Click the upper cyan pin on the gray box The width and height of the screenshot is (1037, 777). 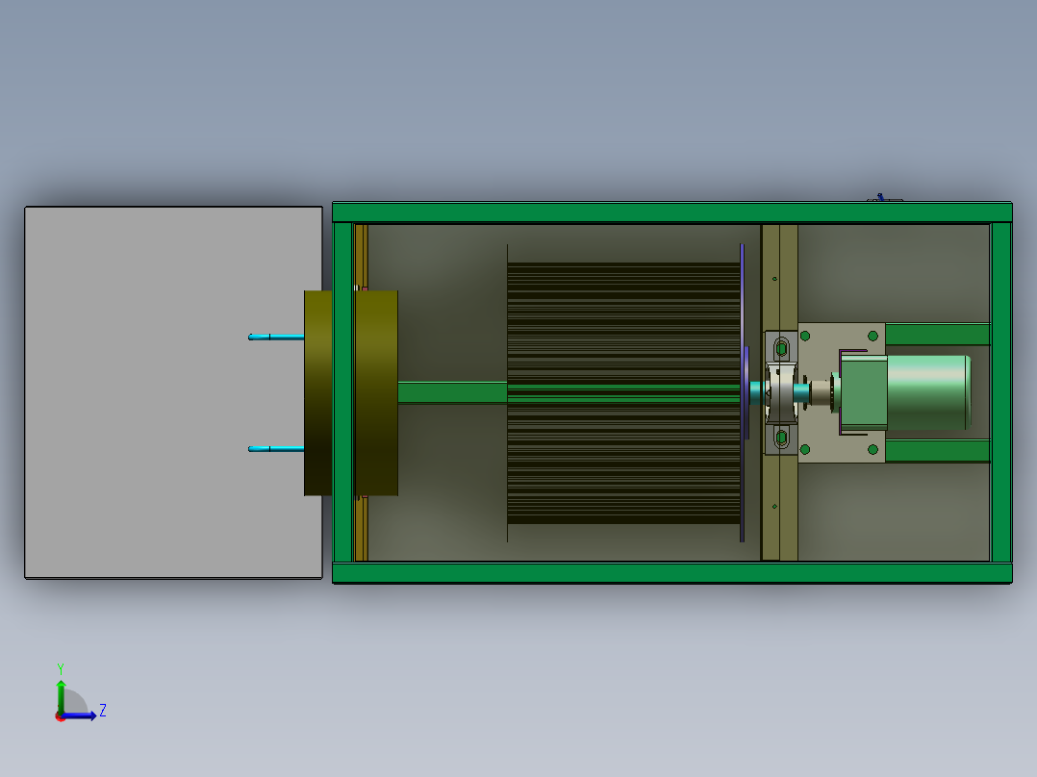coord(275,337)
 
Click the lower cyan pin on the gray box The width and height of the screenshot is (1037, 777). coord(275,448)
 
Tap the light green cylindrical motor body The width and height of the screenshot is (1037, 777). coord(925,392)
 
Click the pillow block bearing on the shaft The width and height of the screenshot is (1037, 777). coord(781,392)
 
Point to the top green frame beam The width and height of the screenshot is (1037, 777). coord(671,213)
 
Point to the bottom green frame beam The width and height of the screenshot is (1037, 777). coord(671,573)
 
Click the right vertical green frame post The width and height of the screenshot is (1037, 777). coord(1000,392)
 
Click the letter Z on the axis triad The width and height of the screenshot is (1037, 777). coord(103,711)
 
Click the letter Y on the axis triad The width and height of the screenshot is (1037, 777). coord(60,667)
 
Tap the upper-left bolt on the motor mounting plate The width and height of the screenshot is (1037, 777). coord(805,336)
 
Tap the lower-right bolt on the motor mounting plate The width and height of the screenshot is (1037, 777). coord(873,449)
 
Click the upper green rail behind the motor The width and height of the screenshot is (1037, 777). coord(937,335)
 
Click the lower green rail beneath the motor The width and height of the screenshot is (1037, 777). coord(937,451)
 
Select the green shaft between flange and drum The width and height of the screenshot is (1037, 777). coord(451,392)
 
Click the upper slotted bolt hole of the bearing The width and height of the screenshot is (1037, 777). coord(781,344)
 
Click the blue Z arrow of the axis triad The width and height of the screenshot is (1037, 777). coord(85,715)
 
